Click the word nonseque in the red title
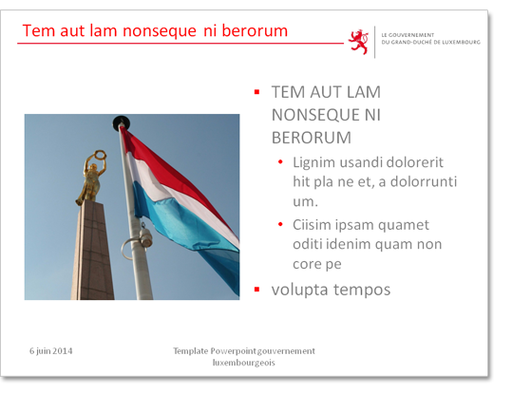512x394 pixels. tap(160, 31)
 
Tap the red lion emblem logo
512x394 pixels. tap(358, 42)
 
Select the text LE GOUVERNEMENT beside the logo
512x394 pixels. tap(408, 35)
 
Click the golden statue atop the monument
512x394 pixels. tap(91, 178)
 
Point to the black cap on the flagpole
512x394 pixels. tap(122, 122)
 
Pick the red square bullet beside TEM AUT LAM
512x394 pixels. tap(257, 92)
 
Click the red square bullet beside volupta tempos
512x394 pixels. tap(257, 290)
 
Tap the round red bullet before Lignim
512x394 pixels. tap(280, 162)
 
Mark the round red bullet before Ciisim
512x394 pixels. tap(280, 224)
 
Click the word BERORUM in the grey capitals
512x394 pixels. tap(312, 138)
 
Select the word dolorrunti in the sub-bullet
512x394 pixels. tap(424, 181)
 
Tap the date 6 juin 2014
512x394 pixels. tap(51, 351)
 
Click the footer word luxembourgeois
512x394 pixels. tap(244, 363)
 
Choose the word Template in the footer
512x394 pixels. tap(190, 351)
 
